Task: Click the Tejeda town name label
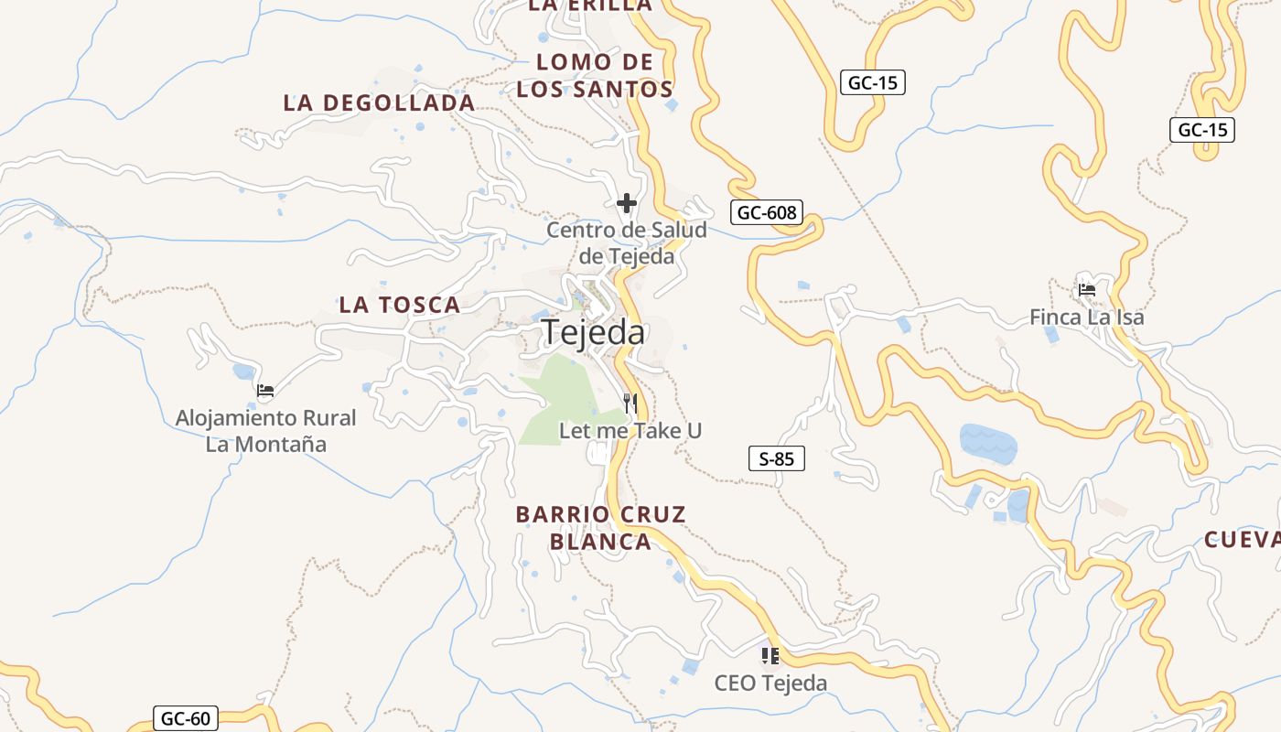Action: click(593, 333)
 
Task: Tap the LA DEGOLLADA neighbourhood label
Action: click(379, 102)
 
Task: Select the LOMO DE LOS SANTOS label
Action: click(595, 76)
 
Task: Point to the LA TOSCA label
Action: click(400, 305)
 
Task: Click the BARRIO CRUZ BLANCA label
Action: click(600, 528)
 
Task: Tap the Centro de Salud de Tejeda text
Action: click(627, 243)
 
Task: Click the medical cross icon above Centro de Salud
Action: click(627, 203)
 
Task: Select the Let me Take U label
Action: click(630, 430)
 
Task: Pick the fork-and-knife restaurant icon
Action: click(630, 403)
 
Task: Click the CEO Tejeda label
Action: click(770, 683)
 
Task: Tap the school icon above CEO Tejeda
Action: click(770, 655)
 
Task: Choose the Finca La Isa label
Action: click(1087, 318)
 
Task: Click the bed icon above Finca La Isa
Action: click(1087, 290)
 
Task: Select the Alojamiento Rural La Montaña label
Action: click(266, 431)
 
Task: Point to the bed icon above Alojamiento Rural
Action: click(265, 391)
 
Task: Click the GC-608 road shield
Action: click(767, 213)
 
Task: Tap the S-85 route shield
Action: click(777, 458)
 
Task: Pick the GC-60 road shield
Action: click(185, 718)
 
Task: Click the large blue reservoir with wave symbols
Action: click(987, 443)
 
